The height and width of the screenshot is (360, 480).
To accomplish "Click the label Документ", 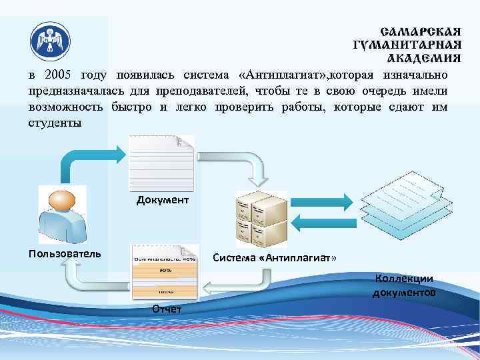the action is point(163,200).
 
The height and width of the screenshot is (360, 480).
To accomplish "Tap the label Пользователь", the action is point(65,253).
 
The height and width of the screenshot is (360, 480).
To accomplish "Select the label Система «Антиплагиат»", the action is point(274,257).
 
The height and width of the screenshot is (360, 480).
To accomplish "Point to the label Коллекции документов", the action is point(404,286).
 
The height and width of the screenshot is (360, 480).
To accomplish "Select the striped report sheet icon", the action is point(165,272).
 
